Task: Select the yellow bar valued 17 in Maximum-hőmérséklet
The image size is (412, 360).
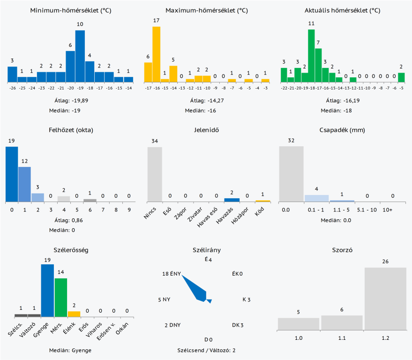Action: pos(156,54)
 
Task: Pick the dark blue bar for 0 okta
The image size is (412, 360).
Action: pos(12,174)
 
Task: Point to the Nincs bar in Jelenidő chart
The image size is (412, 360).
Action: pos(155,174)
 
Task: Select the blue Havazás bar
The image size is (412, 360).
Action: pos(232,200)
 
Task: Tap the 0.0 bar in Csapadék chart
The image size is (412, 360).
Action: pos(291,174)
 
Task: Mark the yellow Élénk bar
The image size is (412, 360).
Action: pos(74,314)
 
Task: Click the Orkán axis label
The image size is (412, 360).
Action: pos(123,329)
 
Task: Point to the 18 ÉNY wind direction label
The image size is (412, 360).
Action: pos(171,274)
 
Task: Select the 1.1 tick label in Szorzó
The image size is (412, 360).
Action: pos(342,337)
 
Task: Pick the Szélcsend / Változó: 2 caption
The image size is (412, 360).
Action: pos(206,350)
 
